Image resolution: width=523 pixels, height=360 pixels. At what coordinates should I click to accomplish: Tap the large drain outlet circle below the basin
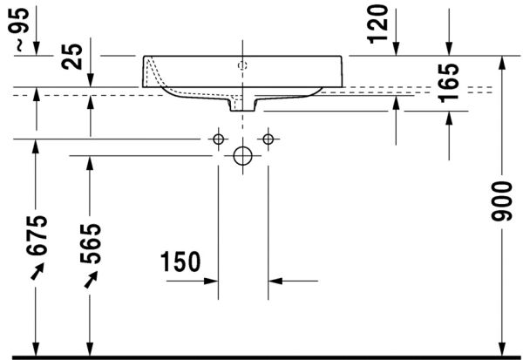(x=242, y=156)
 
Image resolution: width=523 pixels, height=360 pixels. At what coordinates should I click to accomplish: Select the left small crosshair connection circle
(x=218, y=139)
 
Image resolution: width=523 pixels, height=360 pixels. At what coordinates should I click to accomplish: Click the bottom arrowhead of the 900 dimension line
(x=502, y=349)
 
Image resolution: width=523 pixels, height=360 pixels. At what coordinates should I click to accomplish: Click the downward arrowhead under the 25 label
(x=91, y=80)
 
